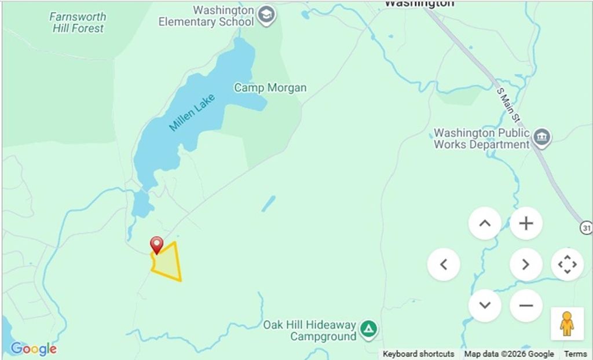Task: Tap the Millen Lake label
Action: pyautogui.click(x=192, y=113)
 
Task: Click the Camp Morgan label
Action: pyautogui.click(x=270, y=88)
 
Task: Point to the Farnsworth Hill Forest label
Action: pyautogui.click(x=78, y=22)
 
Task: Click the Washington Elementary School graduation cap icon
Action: pyautogui.click(x=266, y=16)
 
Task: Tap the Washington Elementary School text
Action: pyautogui.click(x=206, y=16)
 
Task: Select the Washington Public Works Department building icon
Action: pyautogui.click(x=542, y=138)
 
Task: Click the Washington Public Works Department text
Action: pyautogui.click(x=482, y=139)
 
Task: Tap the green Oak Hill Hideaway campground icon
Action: pyautogui.click(x=368, y=329)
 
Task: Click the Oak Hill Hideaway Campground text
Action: pyautogui.click(x=309, y=330)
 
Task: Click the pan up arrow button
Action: pyautogui.click(x=485, y=223)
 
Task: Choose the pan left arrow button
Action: pyautogui.click(x=444, y=265)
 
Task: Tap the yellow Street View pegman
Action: pyautogui.click(x=566, y=324)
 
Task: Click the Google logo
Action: pyautogui.click(x=34, y=349)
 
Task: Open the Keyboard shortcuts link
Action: pyautogui.click(x=418, y=354)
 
